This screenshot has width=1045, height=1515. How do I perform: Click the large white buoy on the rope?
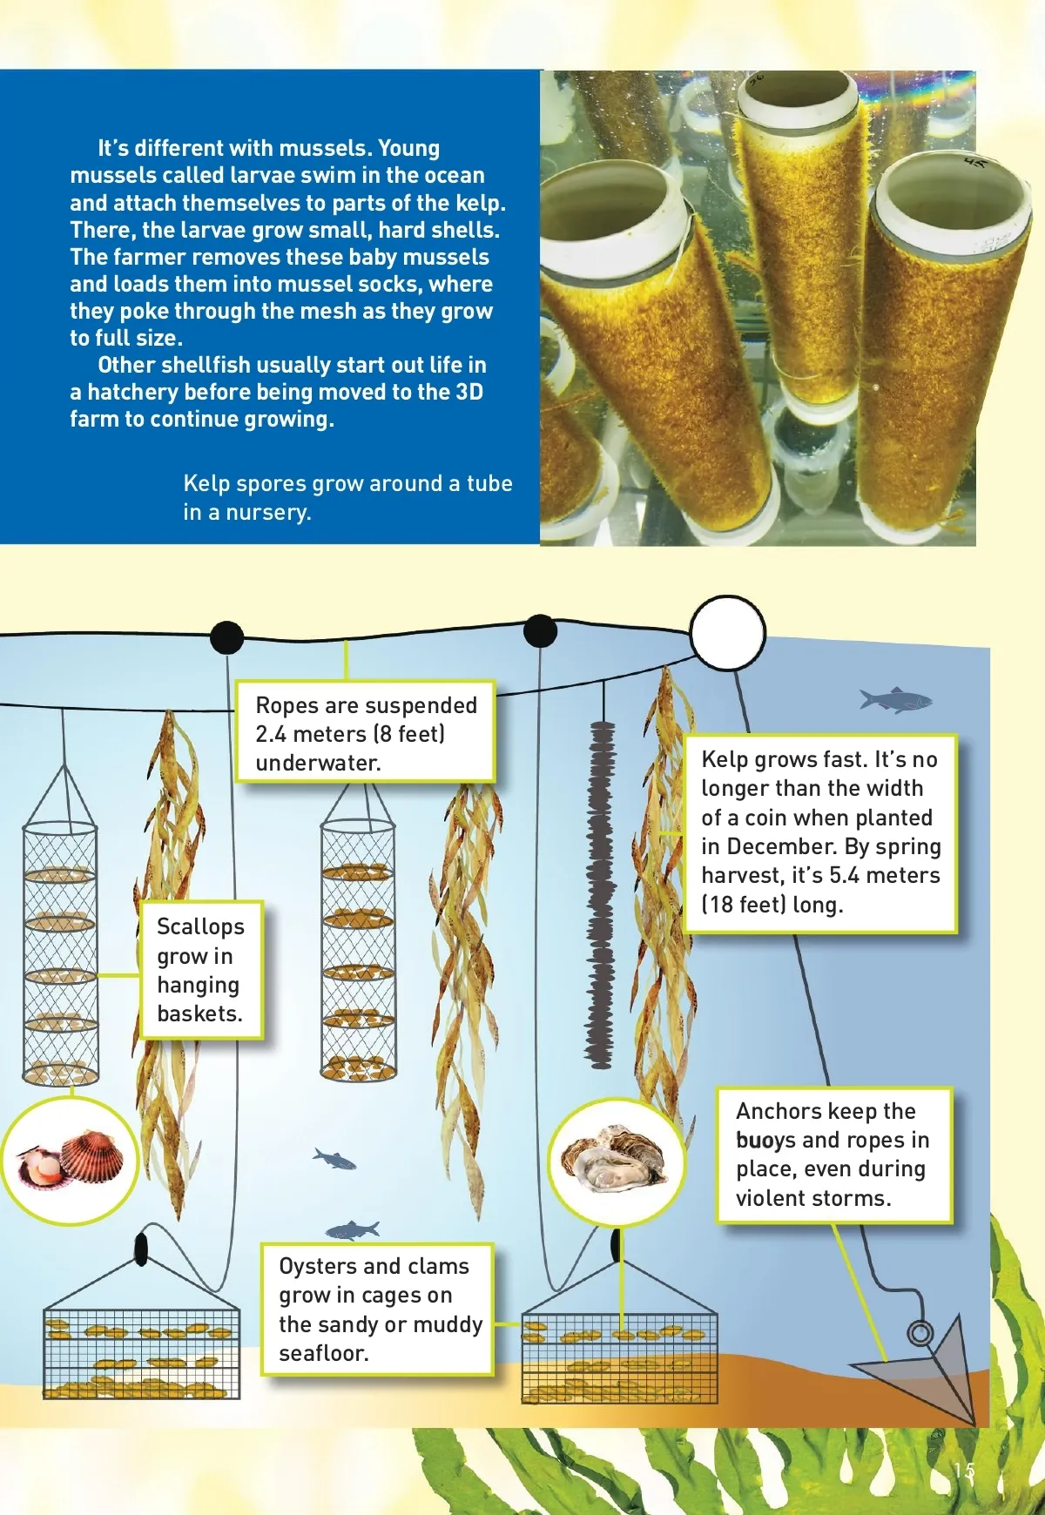click(727, 633)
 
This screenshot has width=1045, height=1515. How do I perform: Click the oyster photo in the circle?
click(615, 1159)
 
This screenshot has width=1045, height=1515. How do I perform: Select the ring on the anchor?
click(920, 1333)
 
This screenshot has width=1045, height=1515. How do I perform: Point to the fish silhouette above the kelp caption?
click(895, 699)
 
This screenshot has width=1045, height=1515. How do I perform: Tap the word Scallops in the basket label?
click(200, 926)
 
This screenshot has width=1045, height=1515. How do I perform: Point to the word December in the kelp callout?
click(788, 846)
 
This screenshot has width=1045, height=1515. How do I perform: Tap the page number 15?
click(964, 1471)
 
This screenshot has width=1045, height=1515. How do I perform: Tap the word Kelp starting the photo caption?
click(206, 483)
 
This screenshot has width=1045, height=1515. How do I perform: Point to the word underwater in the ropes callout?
click(318, 763)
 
